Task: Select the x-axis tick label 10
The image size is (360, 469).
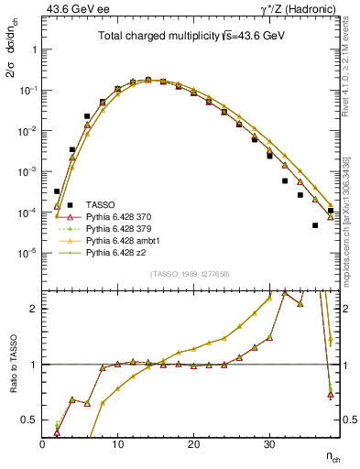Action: tap(117, 445)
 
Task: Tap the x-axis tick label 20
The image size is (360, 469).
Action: tap(192, 445)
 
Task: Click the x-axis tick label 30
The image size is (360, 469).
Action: tap(268, 445)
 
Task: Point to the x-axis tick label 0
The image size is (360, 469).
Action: tap(42, 445)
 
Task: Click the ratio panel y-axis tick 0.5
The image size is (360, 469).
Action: tap(32, 420)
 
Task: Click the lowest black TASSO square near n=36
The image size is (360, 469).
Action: tap(315, 225)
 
